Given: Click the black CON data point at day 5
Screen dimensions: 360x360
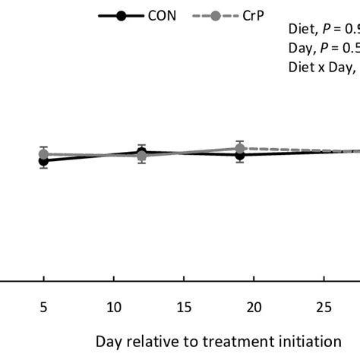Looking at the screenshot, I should [44, 161].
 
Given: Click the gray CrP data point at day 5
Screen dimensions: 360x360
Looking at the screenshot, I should [44, 153].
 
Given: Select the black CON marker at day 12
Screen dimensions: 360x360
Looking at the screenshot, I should [141, 152].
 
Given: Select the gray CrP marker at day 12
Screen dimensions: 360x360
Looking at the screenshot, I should [141, 157].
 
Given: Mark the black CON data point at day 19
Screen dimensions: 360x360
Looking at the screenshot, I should [240, 155].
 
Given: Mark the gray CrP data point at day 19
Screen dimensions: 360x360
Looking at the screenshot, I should [240, 148].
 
